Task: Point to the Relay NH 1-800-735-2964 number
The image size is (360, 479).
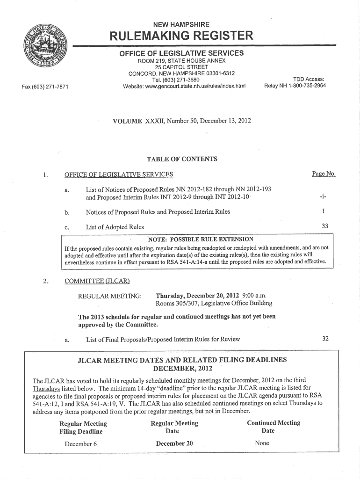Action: point(295,86)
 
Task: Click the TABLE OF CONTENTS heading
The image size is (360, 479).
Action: point(182,159)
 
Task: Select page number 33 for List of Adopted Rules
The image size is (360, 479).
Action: point(324,226)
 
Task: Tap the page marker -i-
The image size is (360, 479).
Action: point(324,196)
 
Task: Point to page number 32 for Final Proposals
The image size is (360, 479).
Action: point(324,339)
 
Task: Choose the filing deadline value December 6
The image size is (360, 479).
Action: point(81,443)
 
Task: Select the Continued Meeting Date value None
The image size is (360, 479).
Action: point(262,443)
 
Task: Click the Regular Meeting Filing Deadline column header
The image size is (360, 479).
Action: point(83,428)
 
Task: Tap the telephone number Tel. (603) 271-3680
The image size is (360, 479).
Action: point(181,80)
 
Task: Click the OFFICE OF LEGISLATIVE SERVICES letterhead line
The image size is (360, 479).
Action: point(181,53)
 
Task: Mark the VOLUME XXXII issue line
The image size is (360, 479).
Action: point(182,121)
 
